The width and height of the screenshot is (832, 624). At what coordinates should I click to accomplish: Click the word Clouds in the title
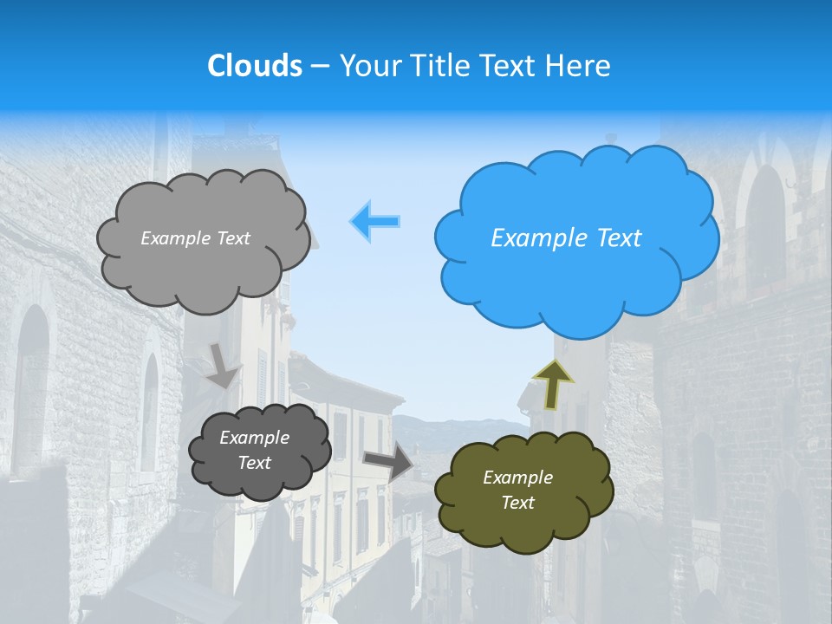pyautogui.click(x=254, y=66)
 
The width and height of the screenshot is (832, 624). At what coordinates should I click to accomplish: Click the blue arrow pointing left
pyautogui.click(x=374, y=221)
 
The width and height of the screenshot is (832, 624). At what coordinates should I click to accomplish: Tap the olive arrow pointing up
pyautogui.click(x=554, y=384)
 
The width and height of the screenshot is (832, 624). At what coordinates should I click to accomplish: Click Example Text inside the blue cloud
pyautogui.click(x=566, y=238)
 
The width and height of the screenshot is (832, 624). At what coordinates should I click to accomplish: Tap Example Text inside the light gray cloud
pyautogui.click(x=195, y=238)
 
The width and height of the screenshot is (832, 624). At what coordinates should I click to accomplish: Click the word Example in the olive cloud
pyautogui.click(x=517, y=478)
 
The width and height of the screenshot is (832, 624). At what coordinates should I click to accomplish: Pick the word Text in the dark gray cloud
pyautogui.click(x=254, y=463)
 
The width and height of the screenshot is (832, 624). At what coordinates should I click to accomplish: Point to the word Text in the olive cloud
pyautogui.click(x=517, y=503)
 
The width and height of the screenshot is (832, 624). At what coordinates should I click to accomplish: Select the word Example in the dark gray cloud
pyautogui.click(x=254, y=438)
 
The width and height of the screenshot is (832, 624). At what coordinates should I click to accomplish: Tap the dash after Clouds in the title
pyautogui.click(x=319, y=66)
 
